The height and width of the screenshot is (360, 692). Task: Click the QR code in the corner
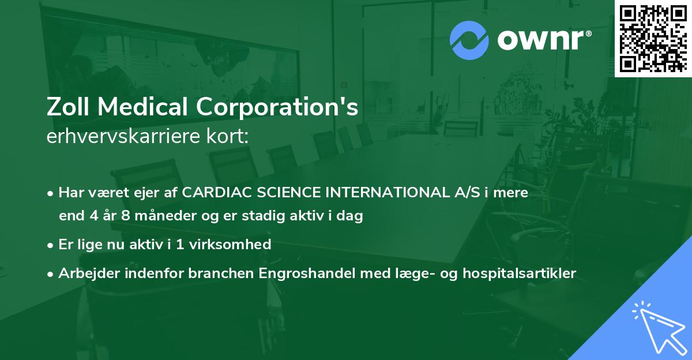tap(653, 38)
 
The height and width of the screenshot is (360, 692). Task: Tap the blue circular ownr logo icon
tap(469, 40)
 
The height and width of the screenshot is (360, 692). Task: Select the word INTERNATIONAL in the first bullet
tap(365, 193)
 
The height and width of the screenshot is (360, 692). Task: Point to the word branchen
tap(214, 273)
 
